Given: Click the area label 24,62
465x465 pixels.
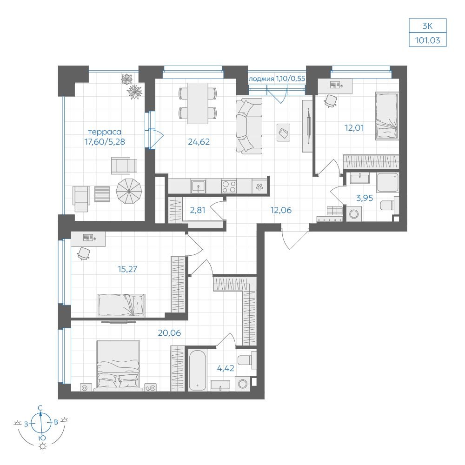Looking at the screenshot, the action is [x=199, y=142].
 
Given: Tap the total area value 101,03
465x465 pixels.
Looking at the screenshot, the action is [x=427, y=40].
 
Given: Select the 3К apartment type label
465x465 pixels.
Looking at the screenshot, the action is [x=427, y=26].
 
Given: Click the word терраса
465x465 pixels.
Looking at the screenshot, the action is [x=105, y=132].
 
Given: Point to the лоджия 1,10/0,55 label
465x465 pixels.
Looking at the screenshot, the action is [x=277, y=79].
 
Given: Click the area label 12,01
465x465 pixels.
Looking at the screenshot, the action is [x=354, y=128].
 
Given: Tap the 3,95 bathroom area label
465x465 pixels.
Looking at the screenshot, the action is [x=365, y=198].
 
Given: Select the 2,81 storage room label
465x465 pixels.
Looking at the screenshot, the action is [x=198, y=210].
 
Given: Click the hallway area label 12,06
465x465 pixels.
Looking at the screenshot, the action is [x=281, y=210].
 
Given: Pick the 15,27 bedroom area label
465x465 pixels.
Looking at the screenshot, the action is [x=127, y=269].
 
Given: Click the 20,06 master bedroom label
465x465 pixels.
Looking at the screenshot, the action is [x=169, y=333].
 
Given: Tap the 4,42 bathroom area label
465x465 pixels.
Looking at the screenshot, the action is [x=226, y=368].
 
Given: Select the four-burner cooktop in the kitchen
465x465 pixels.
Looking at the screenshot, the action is [x=229, y=187].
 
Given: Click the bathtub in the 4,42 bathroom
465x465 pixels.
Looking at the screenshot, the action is [x=197, y=371].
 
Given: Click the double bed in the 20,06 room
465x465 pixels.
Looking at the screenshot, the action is [x=118, y=365].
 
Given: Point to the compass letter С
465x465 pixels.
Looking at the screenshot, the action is [x=40, y=408].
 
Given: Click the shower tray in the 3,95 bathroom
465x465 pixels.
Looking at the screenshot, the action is [x=388, y=182].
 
